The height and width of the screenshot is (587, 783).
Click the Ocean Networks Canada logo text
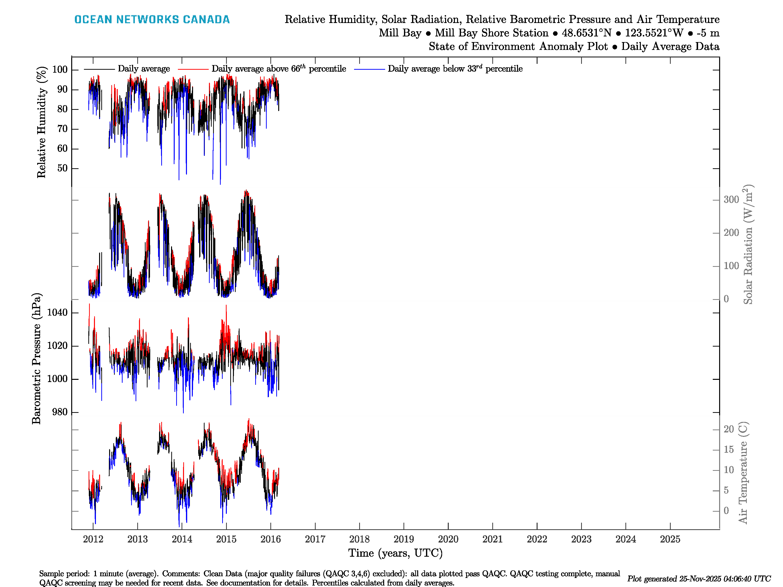click(x=152, y=20)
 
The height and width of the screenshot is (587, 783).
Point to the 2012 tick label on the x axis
click(x=93, y=539)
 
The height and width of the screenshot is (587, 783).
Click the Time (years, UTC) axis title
click(x=395, y=553)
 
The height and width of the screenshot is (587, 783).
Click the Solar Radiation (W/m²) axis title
click(x=748, y=244)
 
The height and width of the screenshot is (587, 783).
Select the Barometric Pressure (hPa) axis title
click(x=36, y=358)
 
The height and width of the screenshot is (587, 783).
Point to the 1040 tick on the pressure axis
click(x=57, y=312)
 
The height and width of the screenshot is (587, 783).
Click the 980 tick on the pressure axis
click(x=59, y=412)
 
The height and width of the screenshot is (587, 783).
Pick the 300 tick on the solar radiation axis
click(x=731, y=200)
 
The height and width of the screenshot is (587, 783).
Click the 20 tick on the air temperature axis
click(x=728, y=429)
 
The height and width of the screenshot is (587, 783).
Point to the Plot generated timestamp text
click(x=699, y=579)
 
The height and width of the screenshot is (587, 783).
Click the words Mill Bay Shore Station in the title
click(x=492, y=33)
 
